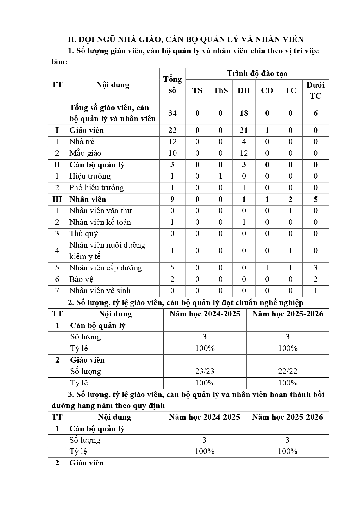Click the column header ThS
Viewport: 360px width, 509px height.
pyautogui.click(x=220, y=90)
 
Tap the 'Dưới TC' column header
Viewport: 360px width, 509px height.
pyautogui.click(x=315, y=90)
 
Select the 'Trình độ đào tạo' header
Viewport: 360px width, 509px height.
pyautogui.click(x=257, y=73)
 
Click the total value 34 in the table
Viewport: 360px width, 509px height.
pyautogui.click(x=172, y=113)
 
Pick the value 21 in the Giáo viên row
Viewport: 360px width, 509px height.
pyautogui.click(x=244, y=130)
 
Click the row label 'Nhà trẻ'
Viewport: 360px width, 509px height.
pyautogui.click(x=82, y=142)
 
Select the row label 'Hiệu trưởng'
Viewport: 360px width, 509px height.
pyautogui.click(x=90, y=176)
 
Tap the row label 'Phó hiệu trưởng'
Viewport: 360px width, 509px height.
pyautogui.click(x=96, y=188)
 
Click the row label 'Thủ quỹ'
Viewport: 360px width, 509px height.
pyautogui.click(x=84, y=233)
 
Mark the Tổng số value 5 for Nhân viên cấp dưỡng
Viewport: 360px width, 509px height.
pyautogui.click(x=172, y=268)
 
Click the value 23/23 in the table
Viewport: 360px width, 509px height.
pyautogui.click(x=205, y=371)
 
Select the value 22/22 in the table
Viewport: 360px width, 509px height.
pyautogui.click(x=287, y=371)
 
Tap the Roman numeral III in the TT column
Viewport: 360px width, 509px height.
pyautogui.click(x=57, y=199)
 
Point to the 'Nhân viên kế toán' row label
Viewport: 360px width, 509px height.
pyautogui.click(x=100, y=222)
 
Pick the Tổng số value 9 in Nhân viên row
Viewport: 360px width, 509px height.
pyautogui.click(x=172, y=199)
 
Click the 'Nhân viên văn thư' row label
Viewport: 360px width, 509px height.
pyautogui.click(x=100, y=211)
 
